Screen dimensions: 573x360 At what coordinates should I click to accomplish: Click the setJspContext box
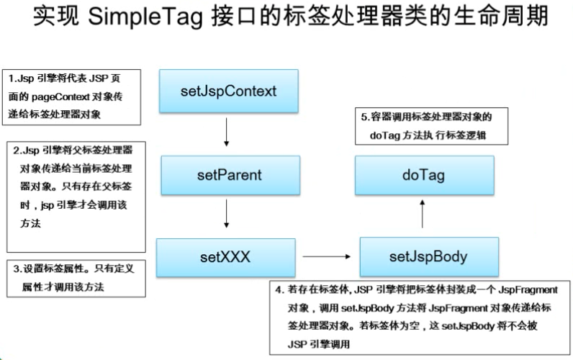229,91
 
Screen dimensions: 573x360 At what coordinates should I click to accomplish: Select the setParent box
230,175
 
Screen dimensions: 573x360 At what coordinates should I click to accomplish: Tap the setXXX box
226,257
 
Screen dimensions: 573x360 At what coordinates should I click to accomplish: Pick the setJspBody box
429,256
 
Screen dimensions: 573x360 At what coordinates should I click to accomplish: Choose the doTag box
424,175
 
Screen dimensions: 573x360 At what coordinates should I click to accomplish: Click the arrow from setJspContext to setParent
227,132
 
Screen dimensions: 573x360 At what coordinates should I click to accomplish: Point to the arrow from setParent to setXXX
227,213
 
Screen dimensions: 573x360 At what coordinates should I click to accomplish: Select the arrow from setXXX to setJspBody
327,256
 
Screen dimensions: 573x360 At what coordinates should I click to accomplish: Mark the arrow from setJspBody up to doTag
423,214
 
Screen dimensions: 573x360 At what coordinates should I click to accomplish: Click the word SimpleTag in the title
145,17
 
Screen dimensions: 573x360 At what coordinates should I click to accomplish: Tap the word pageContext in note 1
60,97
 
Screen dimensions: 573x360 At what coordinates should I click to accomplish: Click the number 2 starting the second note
16,150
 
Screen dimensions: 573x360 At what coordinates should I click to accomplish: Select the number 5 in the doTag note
364,117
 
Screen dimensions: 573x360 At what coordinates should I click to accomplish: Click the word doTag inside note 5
385,135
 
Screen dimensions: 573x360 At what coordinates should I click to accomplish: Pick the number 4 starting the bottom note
279,290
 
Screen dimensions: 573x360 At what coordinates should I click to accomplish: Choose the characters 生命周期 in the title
501,17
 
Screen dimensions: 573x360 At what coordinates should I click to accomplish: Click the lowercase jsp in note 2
47,205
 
